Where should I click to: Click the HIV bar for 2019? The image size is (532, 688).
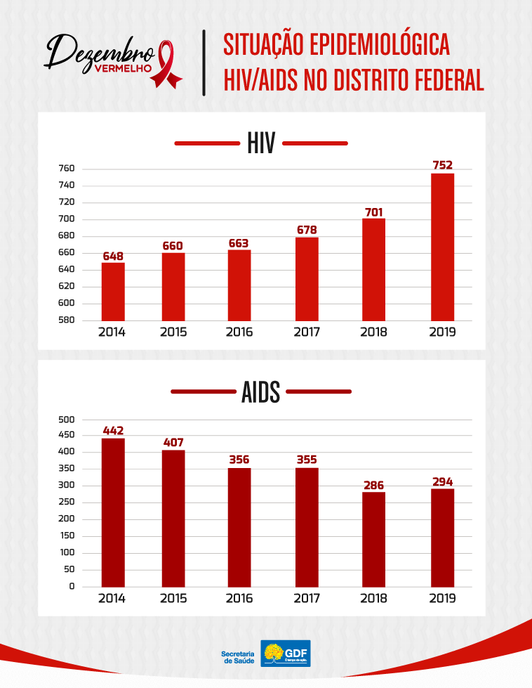pos(442,247)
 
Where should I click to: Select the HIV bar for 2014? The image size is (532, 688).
pos(113,292)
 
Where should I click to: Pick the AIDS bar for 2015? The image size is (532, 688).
pos(173,519)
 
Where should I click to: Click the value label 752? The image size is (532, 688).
pos(442,165)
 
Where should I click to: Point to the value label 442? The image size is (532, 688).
pos(113,430)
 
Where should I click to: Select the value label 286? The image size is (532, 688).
pos(374,485)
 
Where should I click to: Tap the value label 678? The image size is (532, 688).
pos(307,229)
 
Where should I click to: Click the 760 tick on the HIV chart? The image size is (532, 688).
pos(67,169)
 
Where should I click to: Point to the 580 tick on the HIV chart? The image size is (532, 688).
pos(67,320)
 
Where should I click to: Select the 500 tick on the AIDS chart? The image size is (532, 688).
pos(67,420)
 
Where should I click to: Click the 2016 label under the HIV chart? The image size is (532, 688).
pos(239,332)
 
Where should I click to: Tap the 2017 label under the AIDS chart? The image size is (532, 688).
pos(307,599)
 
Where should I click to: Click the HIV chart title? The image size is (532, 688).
pos(261,144)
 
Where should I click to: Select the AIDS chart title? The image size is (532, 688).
pos(261,391)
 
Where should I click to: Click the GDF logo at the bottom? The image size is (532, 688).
pos(286,653)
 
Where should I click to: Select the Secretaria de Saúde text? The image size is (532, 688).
pos(237,656)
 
